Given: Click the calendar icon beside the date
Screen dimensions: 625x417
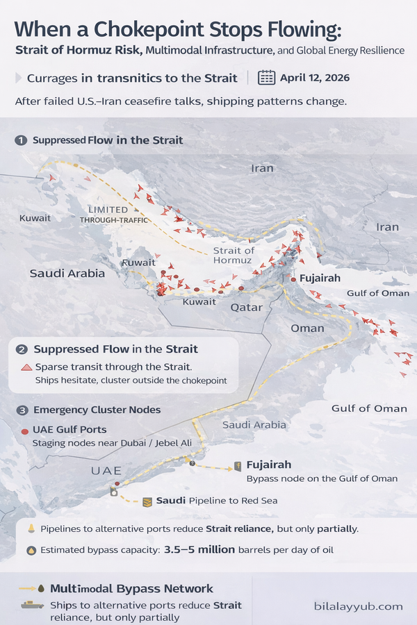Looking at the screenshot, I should coord(266,76).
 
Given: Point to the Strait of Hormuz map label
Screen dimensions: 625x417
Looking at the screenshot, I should coord(234,255).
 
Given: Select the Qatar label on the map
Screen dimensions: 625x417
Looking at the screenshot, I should coord(247,307).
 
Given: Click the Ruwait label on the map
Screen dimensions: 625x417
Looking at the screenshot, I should coord(138,262).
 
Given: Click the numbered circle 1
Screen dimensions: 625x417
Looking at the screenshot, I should coord(21,140).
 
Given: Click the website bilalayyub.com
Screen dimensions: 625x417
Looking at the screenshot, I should coord(357,606).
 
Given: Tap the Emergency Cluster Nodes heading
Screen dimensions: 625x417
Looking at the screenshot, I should coord(97,410).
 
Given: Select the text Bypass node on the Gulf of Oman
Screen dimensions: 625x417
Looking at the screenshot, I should coord(322,478).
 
